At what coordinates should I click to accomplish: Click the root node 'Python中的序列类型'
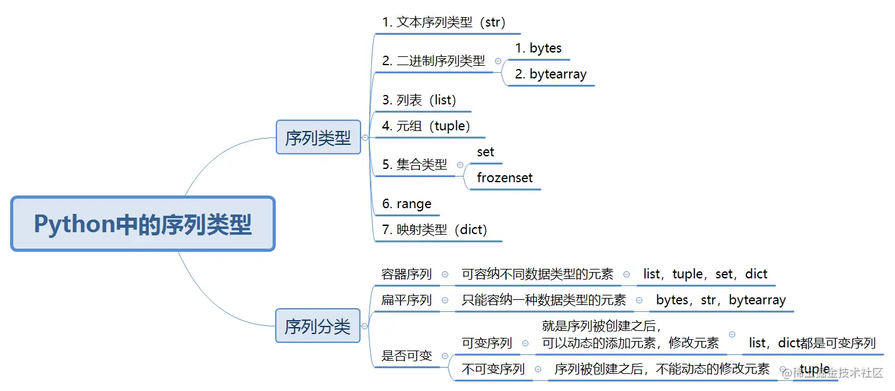143,224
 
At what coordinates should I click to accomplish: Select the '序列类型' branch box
318,137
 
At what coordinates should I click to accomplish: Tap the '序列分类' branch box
318,326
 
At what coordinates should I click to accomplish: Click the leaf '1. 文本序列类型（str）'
443,23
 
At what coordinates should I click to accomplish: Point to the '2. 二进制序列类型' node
433,61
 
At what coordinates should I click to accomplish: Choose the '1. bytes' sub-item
538,48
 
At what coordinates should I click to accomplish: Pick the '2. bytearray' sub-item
550,74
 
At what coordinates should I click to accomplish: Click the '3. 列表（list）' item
419,100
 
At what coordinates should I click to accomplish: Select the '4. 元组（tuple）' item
426,126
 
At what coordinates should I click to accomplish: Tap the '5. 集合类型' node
414,165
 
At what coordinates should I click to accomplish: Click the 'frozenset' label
505,178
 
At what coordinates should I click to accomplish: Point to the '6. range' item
407,204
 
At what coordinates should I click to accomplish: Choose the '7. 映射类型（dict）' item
435,230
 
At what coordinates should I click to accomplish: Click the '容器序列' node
406,275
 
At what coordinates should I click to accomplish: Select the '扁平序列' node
406,300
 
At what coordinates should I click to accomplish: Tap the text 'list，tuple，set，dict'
705,275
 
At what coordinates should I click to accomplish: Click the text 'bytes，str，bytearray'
721,300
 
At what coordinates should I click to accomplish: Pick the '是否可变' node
406,356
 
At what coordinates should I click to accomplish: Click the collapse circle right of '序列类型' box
365,137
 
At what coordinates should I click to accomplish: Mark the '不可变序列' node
493,369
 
